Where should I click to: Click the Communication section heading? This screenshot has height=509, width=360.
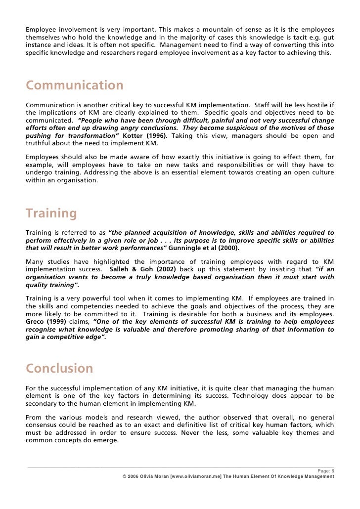(x=75, y=86)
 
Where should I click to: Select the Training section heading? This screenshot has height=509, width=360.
(x=51, y=214)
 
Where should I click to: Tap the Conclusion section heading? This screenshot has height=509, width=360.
(x=59, y=369)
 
